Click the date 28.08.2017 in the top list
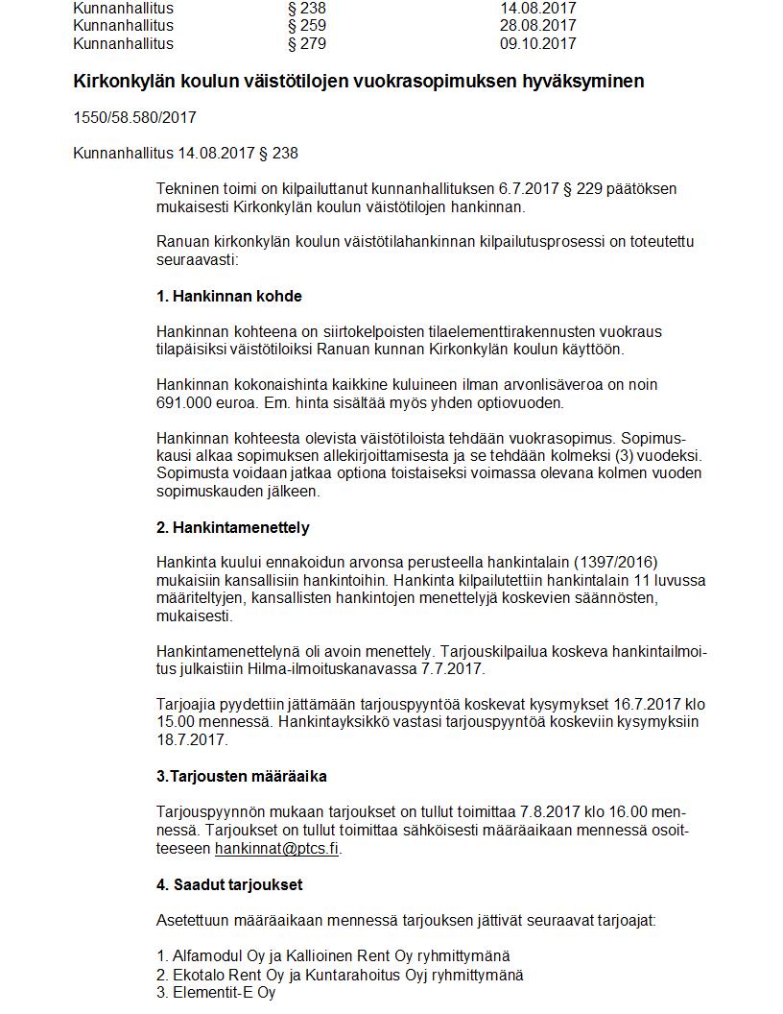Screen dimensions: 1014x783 tap(538, 26)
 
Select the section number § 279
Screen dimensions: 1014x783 tap(307, 44)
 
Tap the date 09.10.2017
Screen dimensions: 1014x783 tap(538, 44)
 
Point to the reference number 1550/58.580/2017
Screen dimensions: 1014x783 tap(134, 118)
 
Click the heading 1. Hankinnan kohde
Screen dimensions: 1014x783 tap(229, 296)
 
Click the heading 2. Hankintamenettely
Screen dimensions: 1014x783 tap(233, 528)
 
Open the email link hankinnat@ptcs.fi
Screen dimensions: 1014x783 tap(277, 849)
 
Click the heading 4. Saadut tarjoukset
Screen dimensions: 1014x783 tap(229, 884)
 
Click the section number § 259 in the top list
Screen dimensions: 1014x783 tap(307, 26)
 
